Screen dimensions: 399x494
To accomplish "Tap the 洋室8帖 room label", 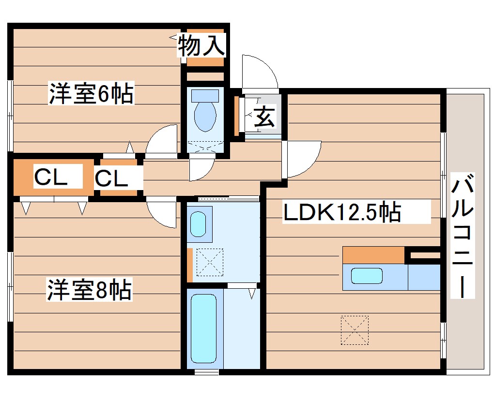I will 89,289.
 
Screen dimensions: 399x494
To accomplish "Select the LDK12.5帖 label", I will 342,212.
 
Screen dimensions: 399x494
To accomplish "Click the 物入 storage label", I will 201,45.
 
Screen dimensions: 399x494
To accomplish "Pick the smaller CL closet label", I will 111,178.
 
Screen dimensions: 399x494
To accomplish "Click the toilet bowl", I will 205,117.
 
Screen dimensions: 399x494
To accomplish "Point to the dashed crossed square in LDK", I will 355,330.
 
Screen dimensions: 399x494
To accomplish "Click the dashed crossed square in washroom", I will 209,262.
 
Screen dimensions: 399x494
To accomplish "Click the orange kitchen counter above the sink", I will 373,255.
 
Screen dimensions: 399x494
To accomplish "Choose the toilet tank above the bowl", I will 205,96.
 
